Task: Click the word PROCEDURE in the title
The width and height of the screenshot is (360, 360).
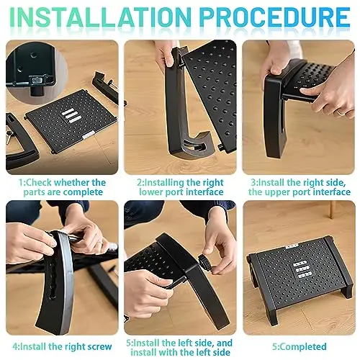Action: click(275, 17)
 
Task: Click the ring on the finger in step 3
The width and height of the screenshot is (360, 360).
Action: click(341, 112)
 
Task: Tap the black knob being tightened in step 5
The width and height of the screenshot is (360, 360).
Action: click(204, 263)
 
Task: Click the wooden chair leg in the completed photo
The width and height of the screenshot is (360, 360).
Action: click(333, 210)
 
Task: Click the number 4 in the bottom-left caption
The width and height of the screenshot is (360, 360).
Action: click(15, 347)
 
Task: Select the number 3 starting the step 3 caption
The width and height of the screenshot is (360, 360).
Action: click(253, 183)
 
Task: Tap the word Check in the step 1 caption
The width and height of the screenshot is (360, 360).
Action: click(38, 183)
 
